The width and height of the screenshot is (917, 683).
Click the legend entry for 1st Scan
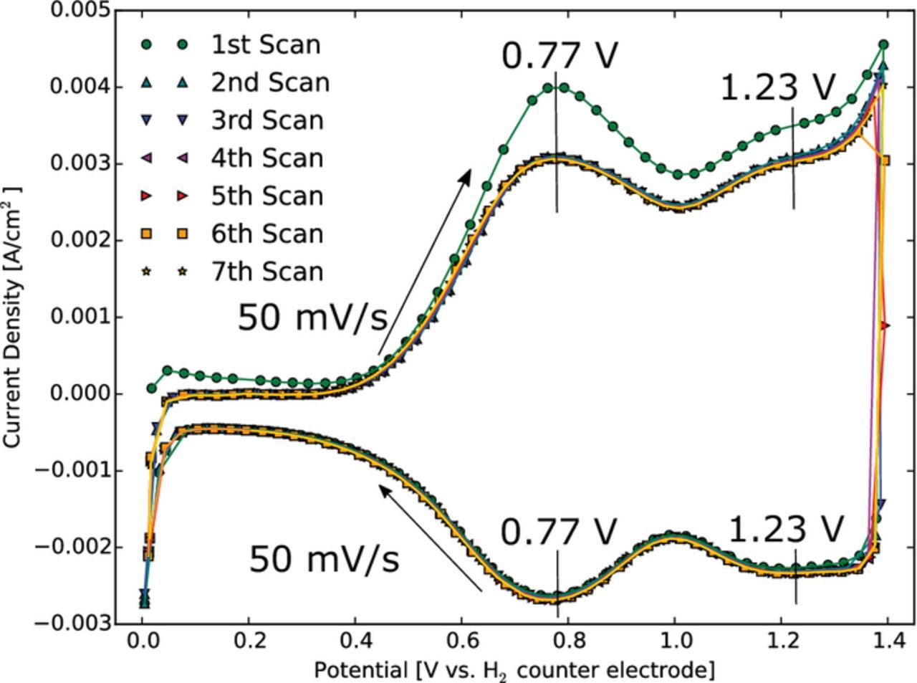265,44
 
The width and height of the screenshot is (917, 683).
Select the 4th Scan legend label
267,158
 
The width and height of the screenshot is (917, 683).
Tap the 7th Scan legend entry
267,272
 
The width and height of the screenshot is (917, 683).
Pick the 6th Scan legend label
267,234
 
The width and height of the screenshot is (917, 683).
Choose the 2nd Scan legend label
269,82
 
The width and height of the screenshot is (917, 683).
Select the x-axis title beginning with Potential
514,669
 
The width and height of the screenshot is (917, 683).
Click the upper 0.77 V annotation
559,56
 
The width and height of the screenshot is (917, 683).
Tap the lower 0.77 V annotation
559,532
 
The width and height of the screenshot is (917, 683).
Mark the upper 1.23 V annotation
778,88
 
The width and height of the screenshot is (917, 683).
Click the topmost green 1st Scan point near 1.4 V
883,44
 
